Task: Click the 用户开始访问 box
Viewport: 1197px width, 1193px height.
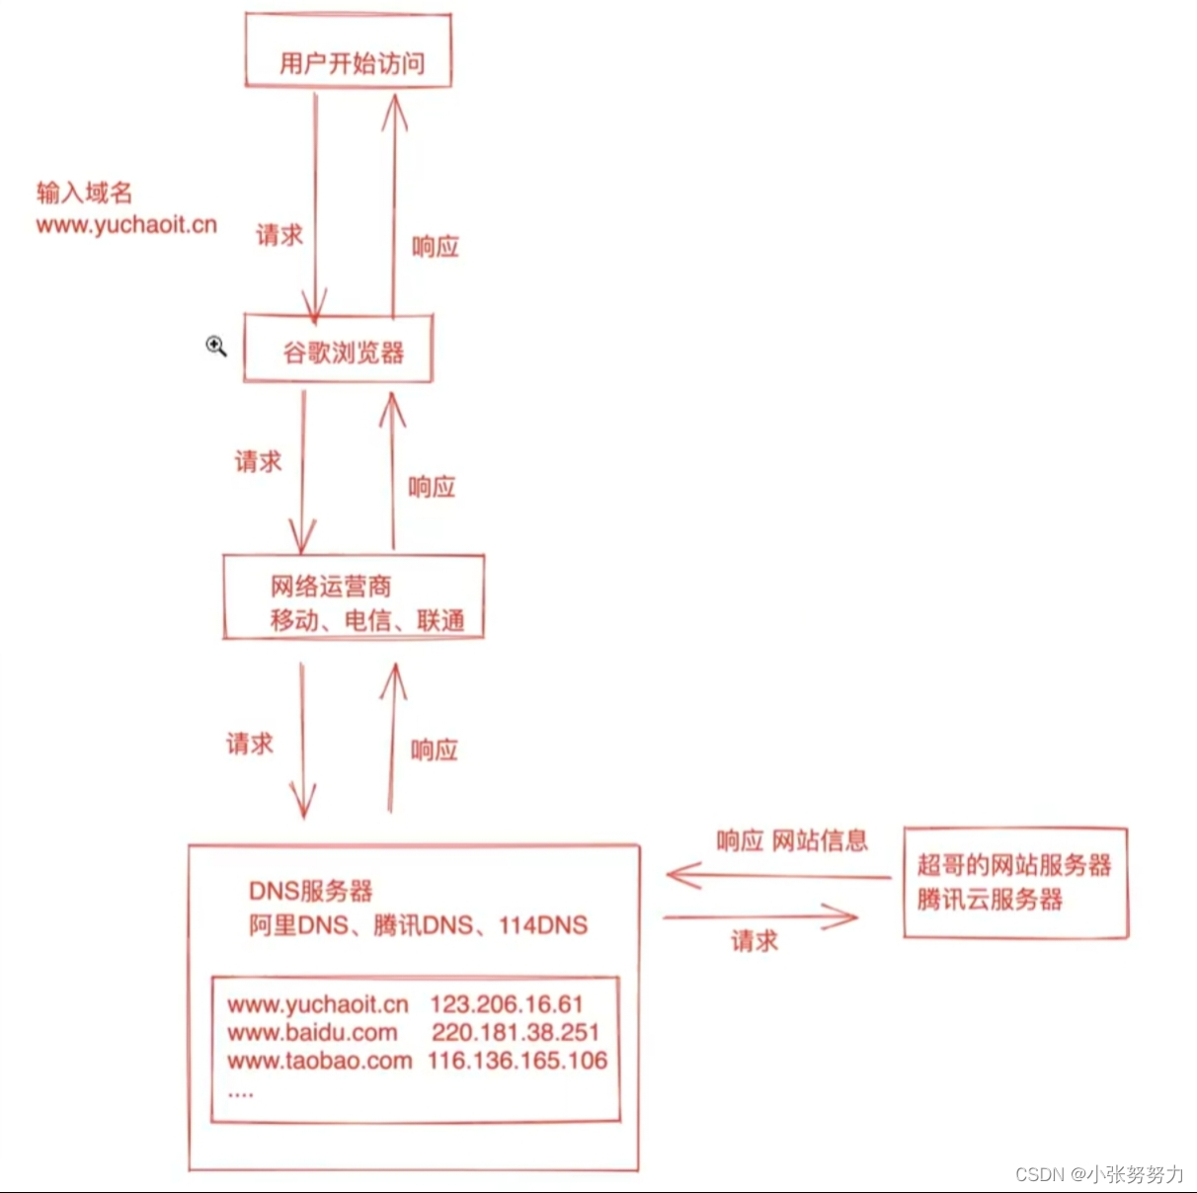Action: click(x=350, y=51)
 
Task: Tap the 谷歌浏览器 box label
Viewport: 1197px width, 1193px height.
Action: click(x=343, y=353)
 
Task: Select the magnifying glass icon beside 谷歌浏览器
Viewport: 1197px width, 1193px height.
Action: click(x=216, y=346)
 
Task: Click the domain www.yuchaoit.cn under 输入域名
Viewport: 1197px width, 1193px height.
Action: click(x=126, y=225)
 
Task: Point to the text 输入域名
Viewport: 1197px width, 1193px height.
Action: click(x=84, y=192)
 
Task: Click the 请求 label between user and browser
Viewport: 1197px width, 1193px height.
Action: click(x=279, y=235)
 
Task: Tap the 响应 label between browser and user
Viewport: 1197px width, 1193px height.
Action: click(x=436, y=247)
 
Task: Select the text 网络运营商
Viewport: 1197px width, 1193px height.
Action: click(x=331, y=587)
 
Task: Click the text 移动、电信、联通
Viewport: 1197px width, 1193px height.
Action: click(x=367, y=620)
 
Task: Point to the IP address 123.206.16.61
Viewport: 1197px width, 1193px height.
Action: click(x=507, y=1004)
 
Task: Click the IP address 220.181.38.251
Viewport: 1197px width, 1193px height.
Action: click(x=516, y=1033)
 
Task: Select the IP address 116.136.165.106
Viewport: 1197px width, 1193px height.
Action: click(x=518, y=1061)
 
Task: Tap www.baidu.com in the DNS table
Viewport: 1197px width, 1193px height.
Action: click(x=312, y=1033)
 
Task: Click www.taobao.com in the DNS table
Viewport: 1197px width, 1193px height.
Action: click(x=319, y=1062)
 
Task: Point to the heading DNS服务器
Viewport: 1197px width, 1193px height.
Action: click(x=311, y=891)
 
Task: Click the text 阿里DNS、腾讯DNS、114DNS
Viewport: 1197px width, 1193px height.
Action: click(x=418, y=925)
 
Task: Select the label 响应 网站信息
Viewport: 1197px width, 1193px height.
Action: click(x=792, y=840)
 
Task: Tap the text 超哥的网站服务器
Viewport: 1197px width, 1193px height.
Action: click(x=1014, y=865)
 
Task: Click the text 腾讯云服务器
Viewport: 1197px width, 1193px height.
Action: click(x=990, y=900)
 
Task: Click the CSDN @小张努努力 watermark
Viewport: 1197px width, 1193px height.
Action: click(x=1099, y=1174)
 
